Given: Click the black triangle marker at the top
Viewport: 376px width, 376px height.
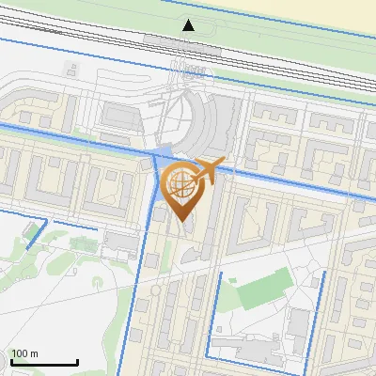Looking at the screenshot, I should [189, 25].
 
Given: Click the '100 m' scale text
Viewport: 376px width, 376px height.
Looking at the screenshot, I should [24, 353].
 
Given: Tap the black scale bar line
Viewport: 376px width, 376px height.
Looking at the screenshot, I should [44, 362].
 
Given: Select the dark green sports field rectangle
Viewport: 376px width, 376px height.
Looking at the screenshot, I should [258, 292].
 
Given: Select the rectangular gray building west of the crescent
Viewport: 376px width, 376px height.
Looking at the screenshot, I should [118, 115].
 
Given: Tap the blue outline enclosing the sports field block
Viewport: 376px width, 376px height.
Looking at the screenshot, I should [218, 310].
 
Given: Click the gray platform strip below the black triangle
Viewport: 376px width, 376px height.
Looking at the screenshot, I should [188, 42].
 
